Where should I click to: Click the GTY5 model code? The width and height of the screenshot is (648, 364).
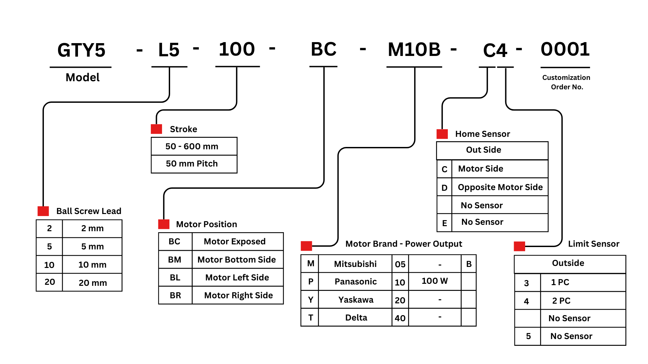(x=81, y=50)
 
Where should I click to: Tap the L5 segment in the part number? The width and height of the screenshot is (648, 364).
(x=169, y=50)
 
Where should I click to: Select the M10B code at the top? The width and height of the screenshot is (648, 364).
(x=414, y=50)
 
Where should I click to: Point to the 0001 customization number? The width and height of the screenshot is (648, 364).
(x=565, y=49)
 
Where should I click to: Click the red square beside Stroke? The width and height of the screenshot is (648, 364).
(x=156, y=129)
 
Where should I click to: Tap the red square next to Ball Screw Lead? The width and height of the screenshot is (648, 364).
(x=43, y=211)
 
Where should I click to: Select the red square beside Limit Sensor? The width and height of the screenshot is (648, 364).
(x=519, y=246)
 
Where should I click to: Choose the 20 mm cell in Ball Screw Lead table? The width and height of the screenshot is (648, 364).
(x=92, y=282)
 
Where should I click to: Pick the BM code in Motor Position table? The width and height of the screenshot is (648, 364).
(x=174, y=260)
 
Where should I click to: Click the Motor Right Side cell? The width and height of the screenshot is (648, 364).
(x=238, y=295)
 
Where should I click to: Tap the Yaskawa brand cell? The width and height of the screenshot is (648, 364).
(x=355, y=300)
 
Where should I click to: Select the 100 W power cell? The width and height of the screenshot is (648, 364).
(x=435, y=281)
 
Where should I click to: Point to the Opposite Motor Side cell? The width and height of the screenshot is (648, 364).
(x=500, y=187)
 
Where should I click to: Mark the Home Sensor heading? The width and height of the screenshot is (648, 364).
(x=483, y=134)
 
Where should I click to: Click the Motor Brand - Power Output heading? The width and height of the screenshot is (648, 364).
(x=404, y=244)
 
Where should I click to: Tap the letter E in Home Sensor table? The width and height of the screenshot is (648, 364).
(x=444, y=223)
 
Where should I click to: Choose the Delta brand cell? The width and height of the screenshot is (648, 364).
(x=356, y=317)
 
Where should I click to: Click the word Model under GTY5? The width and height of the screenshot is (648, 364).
(x=83, y=78)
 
